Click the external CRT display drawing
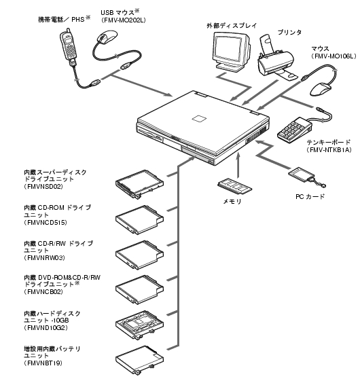pos(231,52)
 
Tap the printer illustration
pos(276,58)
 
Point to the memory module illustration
pos(234,186)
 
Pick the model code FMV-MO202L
pos(123,20)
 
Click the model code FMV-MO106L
pos(334,56)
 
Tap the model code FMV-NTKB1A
pos(329,149)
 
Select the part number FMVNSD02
pos(45,187)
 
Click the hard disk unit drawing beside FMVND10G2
pos(139,325)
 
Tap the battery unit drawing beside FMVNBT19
pos(139,360)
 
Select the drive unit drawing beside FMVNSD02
pos(139,184)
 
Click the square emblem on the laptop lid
pos(199,118)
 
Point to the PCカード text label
pos(310,196)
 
